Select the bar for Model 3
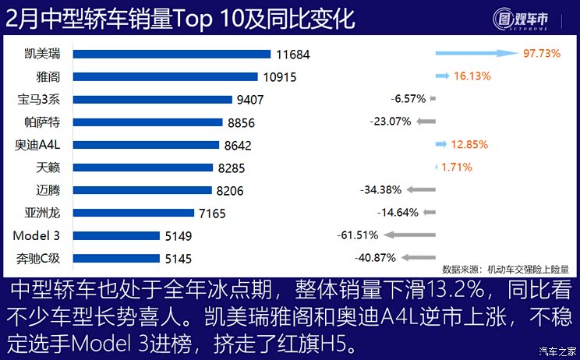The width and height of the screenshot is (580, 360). pyautogui.click(x=110, y=235)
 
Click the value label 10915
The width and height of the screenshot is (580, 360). pyautogui.click(x=280, y=77)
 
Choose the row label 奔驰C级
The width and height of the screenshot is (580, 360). pyautogui.click(x=37, y=258)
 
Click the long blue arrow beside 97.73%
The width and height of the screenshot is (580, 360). pyautogui.click(x=476, y=53)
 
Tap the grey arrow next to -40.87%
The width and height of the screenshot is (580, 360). pyautogui.click(x=418, y=257)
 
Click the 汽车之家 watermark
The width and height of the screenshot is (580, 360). pyautogui.click(x=557, y=351)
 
